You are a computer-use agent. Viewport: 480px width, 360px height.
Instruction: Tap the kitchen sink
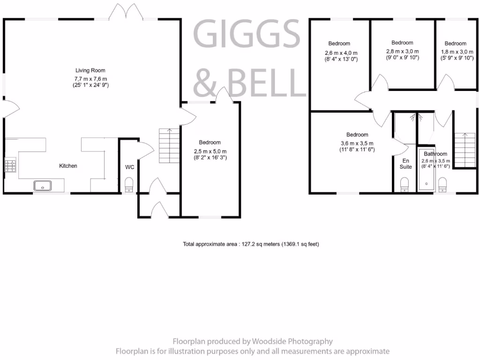(x=43, y=186)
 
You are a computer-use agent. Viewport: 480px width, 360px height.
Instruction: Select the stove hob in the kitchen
(x=10, y=165)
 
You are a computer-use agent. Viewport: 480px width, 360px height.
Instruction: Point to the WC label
(x=130, y=167)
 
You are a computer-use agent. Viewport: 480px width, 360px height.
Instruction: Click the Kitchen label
(x=68, y=166)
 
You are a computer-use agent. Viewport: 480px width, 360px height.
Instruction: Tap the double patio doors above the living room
(x=125, y=12)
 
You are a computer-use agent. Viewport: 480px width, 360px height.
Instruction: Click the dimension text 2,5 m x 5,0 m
(x=210, y=151)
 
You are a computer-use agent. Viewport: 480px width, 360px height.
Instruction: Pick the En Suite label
(x=405, y=164)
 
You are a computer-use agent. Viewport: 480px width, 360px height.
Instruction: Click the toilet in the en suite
(x=405, y=184)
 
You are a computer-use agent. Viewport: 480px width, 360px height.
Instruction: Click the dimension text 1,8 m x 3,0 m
(x=455, y=52)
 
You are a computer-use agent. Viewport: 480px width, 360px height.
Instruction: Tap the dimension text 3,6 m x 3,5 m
(x=357, y=143)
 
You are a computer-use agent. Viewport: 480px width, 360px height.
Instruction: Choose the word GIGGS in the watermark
(x=247, y=34)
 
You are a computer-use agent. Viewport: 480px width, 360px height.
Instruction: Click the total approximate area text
(x=251, y=244)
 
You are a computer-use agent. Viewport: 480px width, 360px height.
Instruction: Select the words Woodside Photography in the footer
(x=292, y=341)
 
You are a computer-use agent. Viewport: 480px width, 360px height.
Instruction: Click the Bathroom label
(x=435, y=154)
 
